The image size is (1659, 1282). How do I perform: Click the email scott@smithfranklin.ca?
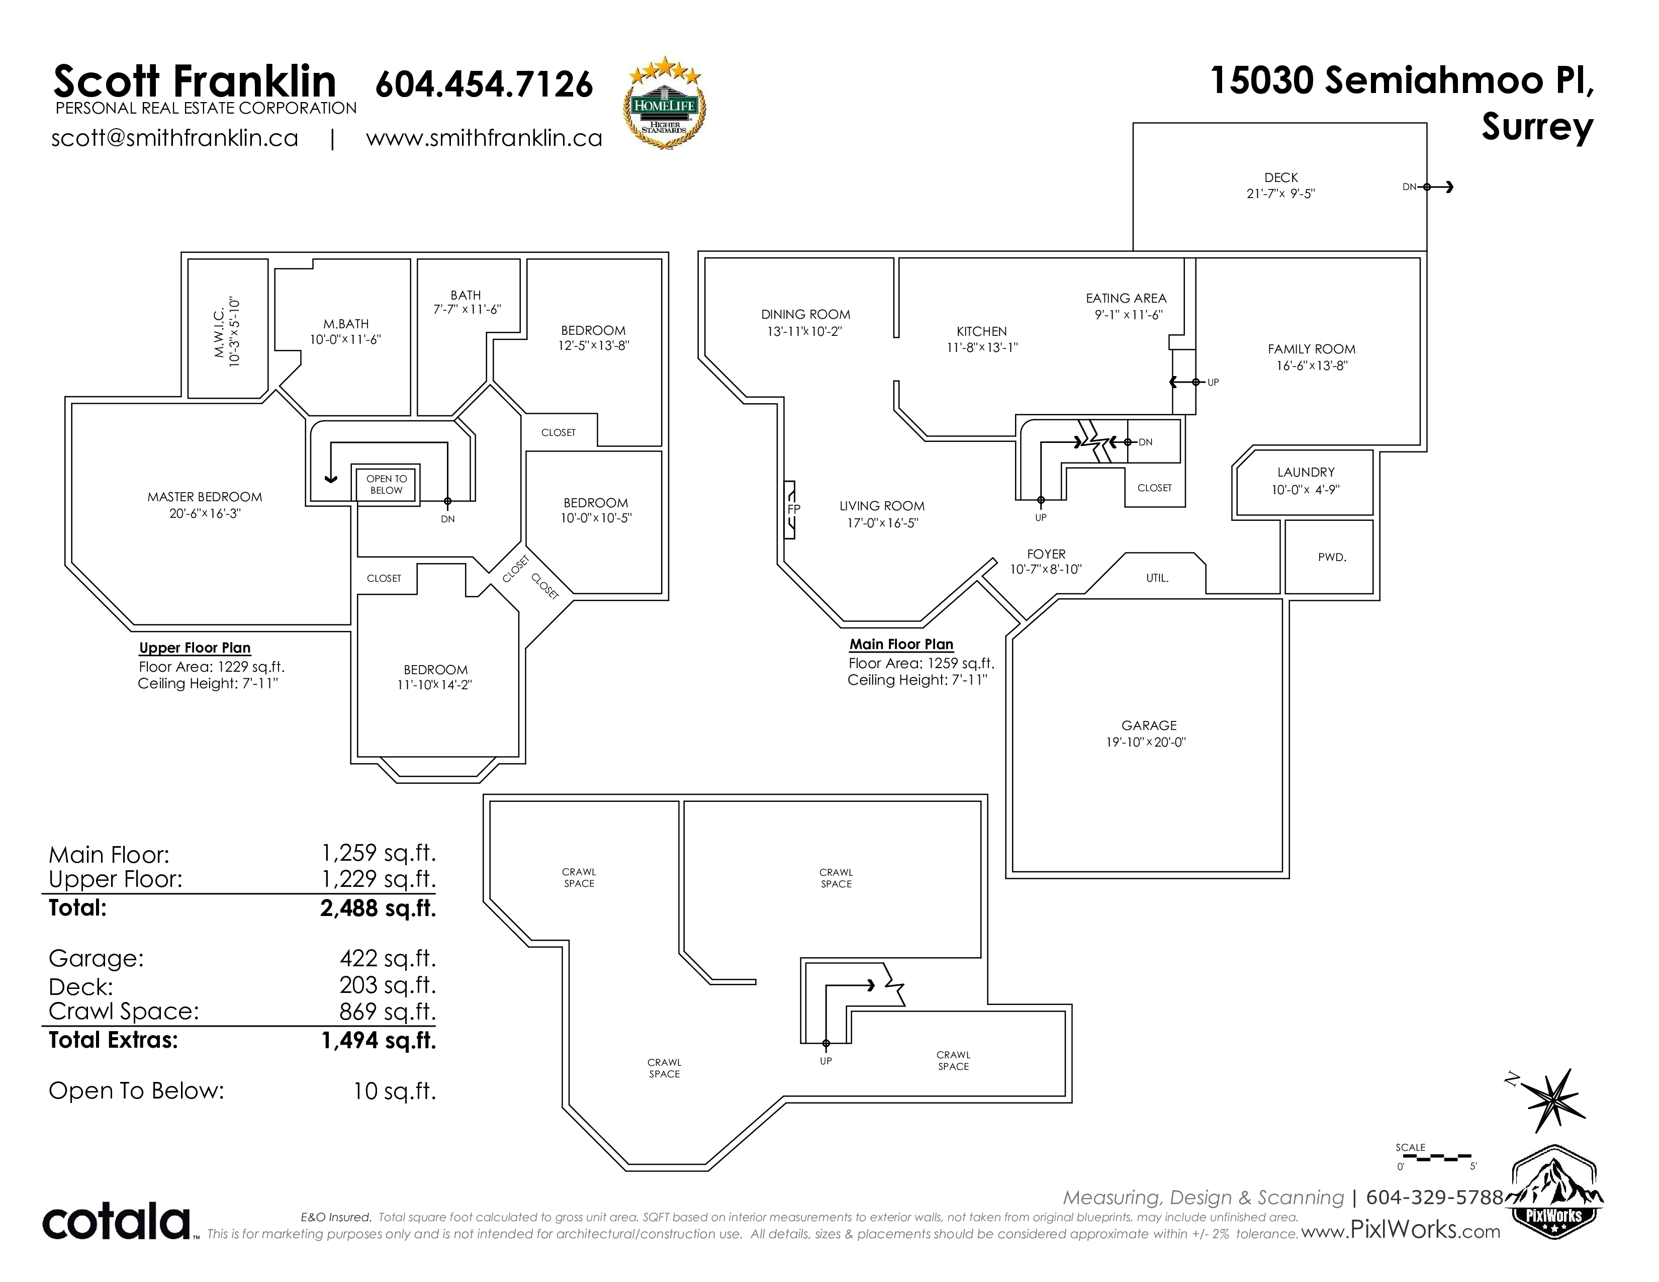[x=175, y=138]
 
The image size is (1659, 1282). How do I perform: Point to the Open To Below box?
[x=387, y=484]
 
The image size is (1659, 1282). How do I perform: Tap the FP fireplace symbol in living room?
[x=791, y=509]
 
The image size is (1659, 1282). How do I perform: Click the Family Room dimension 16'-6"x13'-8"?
[x=1312, y=365]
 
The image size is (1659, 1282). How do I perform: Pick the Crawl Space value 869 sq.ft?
[x=388, y=1011]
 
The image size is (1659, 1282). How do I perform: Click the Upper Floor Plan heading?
[x=195, y=648]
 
